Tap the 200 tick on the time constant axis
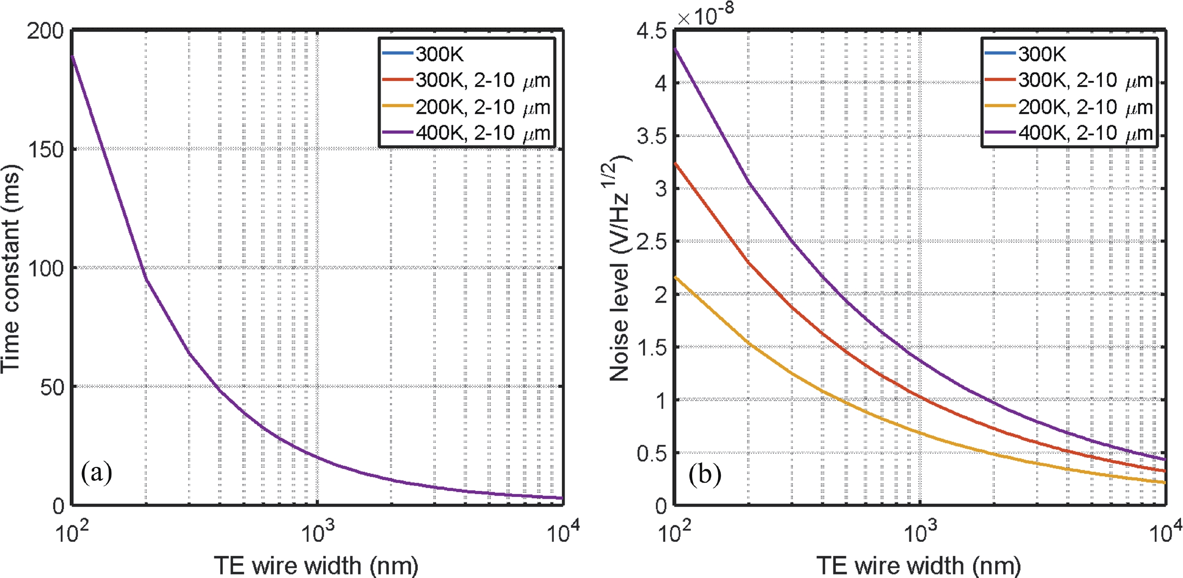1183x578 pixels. pos(45,31)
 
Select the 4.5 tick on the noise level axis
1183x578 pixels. pos(651,31)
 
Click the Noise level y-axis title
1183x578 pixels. pos(619,269)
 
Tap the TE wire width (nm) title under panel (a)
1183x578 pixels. pos(316,565)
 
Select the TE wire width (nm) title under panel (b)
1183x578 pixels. pos(919,565)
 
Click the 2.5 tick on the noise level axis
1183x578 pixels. pos(651,241)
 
